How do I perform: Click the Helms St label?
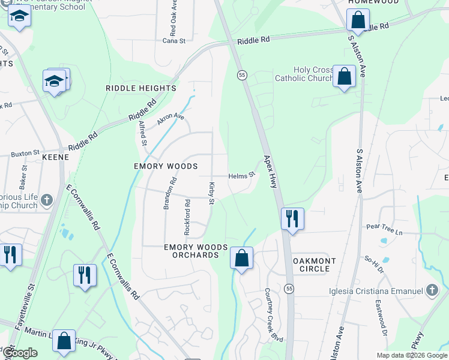(242, 176)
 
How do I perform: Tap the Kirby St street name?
(211, 193)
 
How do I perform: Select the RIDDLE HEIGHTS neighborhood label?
(140, 88)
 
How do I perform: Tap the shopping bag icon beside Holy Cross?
(345, 77)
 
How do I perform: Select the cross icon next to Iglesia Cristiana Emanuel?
(431, 292)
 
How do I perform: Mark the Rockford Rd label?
(187, 217)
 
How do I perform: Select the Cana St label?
(174, 41)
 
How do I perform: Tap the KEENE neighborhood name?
(56, 157)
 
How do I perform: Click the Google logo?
(20, 353)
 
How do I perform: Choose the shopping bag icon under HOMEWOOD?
(358, 20)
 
